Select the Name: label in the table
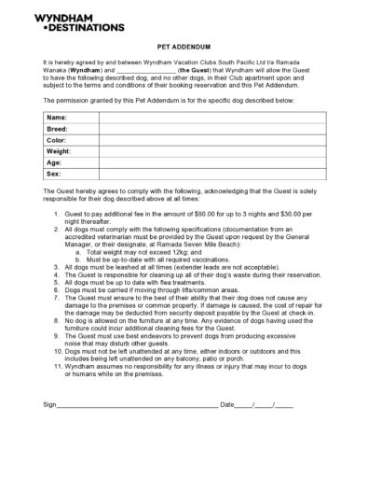pyautogui.click(x=57, y=118)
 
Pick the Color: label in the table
pyautogui.click(x=57, y=140)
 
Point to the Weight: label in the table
pyautogui.click(x=59, y=151)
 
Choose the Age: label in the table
pyautogui.click(x=54, y=162)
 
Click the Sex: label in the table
pyautogui.click(x=54, y=174)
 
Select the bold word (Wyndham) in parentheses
pyautogui.click(x=84, y=69)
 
